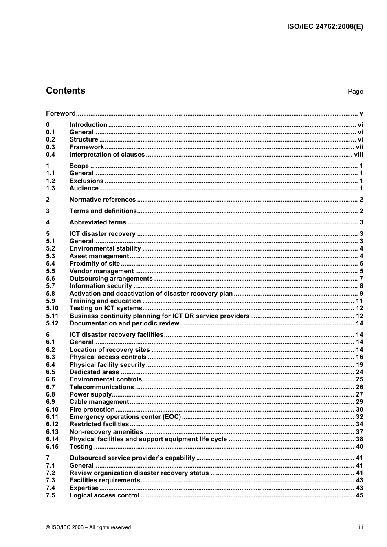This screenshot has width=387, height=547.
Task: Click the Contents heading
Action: tap(66, 91)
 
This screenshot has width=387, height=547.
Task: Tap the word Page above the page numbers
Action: tap(355, 92)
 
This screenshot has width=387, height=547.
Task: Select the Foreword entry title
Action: tap(61, 113)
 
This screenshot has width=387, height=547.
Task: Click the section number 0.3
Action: tap(51, 147)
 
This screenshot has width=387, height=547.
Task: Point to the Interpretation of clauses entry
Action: tap(107, 155)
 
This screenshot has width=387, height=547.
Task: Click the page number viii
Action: tap(358, 155)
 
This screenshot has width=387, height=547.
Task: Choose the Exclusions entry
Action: tap(86, 181)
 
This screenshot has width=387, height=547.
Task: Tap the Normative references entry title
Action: tap(102, 200)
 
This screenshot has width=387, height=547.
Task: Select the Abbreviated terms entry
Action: tap(98, 222)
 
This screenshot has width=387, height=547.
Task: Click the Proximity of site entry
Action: tap(95, 264)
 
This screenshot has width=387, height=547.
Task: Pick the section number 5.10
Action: tap(52, 308)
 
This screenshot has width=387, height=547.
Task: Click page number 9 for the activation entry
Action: tap(361, 294)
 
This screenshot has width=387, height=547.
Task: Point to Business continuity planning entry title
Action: tap(159, 316)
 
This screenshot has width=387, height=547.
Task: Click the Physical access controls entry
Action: tap(108, 357)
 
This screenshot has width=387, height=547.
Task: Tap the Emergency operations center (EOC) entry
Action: tap(125, 417)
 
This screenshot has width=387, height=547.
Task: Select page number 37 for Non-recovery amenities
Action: tap(359, 432)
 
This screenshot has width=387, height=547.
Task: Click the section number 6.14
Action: tap(52, 439)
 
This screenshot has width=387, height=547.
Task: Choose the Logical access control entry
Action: tap(104, 495)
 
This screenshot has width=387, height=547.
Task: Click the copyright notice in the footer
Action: tap(88, 527)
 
